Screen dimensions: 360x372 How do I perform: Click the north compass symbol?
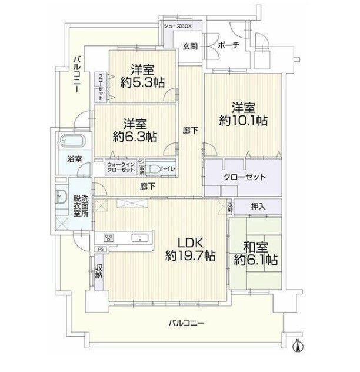tap(299, 346)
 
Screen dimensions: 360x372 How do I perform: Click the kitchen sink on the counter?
tap(140, 238)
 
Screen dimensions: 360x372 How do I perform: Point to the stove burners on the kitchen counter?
tap(109, 237)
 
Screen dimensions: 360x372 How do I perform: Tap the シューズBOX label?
tap(178, 26)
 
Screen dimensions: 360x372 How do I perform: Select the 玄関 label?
tap(190, 46)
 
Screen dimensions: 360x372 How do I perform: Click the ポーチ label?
tap(228, 45)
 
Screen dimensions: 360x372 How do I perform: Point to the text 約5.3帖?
tap(142, 83)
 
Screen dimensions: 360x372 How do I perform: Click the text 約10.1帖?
tap(244, 120)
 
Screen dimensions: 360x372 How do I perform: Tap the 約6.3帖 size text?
tap(135, 137)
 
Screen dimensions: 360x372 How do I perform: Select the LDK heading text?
tap(190, 243)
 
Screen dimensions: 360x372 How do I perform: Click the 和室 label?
tap(256, 247)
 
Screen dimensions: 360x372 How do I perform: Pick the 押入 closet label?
tap(258, 207)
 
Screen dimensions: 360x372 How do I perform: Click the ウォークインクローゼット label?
tap(121, 167)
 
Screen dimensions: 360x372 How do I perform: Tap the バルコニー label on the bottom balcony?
tap(186, 323)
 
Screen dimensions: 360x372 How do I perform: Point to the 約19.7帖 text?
tap(190, 255)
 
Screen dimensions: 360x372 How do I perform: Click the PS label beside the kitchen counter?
tap(101, 249)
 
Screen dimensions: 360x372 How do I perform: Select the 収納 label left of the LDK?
tap(99, 271)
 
